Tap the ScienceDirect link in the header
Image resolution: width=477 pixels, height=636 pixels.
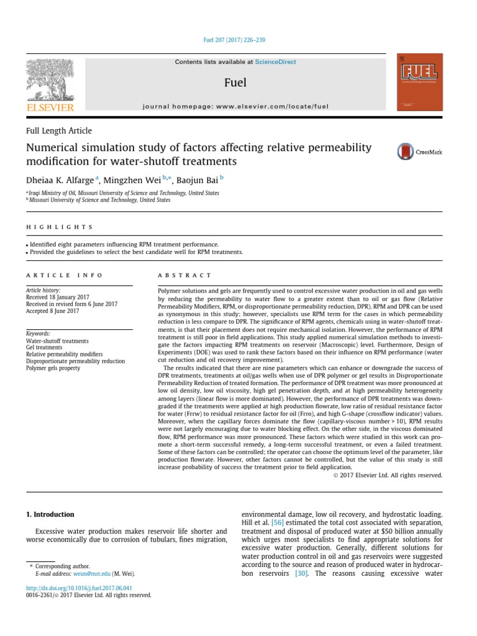coord(275,62)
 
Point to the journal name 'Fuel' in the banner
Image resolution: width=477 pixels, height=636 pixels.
coord(235,83)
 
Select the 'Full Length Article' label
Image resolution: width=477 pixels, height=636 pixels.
coord(58,131)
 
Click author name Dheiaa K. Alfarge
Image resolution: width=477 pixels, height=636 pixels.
coord(60,179)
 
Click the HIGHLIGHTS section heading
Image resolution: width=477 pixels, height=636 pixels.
coord(59,227)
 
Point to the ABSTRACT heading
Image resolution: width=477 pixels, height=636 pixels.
coord(184,275)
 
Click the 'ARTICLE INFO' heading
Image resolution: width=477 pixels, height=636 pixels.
coord(65,275)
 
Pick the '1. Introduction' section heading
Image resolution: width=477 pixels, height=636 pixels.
coord(50,514)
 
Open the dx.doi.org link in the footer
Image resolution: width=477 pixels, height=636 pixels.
coord(78,587)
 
